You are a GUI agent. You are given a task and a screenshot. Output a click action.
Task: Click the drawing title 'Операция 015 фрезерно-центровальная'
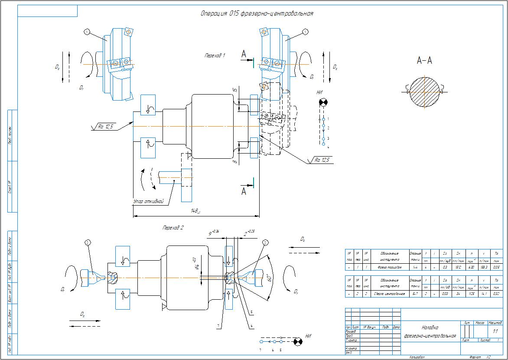coord(257,13)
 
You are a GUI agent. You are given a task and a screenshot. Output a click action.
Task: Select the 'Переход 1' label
coord(215,56)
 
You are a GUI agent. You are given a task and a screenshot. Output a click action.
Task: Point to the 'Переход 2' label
coord(173,227)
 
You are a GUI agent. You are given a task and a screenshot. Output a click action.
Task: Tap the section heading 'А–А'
coord(424,61)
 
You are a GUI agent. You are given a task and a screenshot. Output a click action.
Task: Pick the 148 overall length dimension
coord(195,211)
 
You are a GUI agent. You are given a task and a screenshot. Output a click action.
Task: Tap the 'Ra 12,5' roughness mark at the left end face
coord(105,127)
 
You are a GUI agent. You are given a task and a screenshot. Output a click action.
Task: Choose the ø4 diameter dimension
coord(196,263)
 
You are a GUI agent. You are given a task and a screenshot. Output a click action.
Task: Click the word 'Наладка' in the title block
coord(430,328)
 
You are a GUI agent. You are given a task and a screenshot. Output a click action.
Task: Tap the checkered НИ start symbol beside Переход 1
coord(323,103)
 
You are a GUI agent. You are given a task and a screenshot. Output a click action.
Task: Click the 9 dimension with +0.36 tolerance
coord(212,233)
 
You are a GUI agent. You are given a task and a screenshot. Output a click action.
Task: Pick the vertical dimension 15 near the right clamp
coord(234,90)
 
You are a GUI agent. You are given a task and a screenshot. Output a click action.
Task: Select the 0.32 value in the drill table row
coord(496,294)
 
